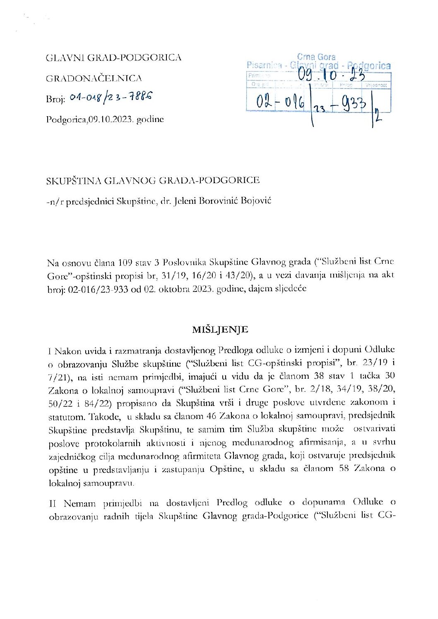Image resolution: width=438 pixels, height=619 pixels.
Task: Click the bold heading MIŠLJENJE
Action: click(x=220, y=330)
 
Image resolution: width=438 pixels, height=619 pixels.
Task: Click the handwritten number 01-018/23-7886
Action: click(x=111, y=97)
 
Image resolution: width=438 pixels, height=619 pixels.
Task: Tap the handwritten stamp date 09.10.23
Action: click(x=331, y=75)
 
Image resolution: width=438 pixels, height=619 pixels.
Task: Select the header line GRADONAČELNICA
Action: click(x=94, y=78)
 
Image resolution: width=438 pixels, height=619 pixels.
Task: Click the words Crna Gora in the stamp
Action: click(x=316, y=57)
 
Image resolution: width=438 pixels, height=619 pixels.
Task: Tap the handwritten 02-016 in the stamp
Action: click(x=280, y=102)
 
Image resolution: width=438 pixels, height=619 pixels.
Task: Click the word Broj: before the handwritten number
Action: click(x=56, y=99)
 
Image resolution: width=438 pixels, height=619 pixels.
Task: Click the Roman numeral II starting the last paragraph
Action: click(x=53, y=503)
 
